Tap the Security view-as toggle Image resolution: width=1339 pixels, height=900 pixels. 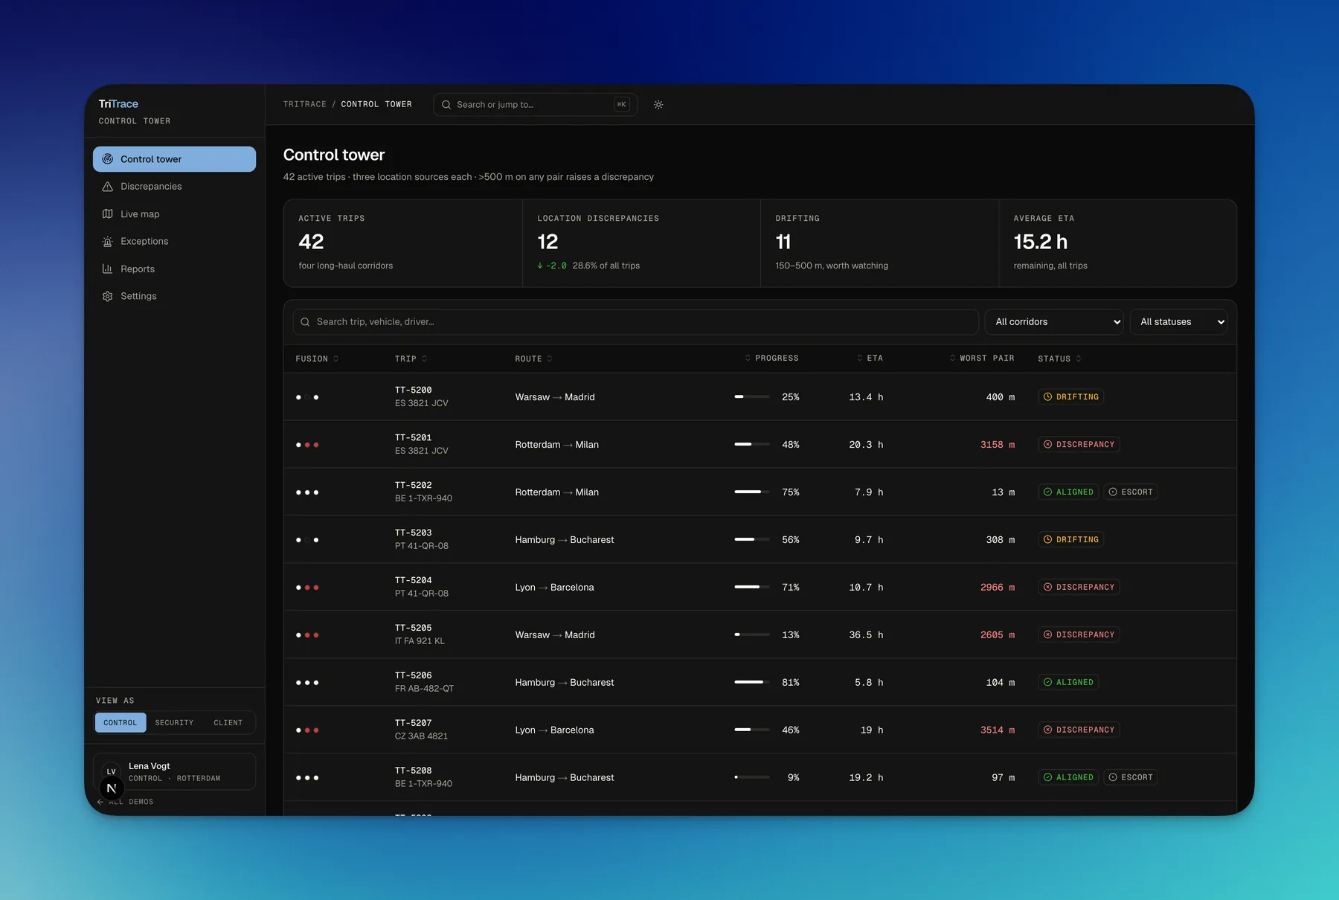174,723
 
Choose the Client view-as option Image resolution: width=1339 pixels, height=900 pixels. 228,723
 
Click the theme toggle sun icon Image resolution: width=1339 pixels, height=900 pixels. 658,105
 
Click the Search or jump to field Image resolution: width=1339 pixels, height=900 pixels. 535,105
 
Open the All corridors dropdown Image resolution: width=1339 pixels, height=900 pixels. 1054,322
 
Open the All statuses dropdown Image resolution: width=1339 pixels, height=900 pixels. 1178,322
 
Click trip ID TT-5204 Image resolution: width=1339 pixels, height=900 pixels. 414,580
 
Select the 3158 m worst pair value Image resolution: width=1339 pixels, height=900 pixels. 998,445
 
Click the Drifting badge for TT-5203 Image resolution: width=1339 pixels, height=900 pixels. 1071,540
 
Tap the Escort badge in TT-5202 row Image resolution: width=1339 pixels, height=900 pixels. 1131,492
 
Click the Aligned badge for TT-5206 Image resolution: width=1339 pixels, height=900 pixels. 1068,683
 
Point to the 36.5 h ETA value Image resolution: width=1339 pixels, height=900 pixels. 866,635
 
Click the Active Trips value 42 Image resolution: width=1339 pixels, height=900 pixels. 311,242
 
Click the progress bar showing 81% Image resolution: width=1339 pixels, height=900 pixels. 752,682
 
